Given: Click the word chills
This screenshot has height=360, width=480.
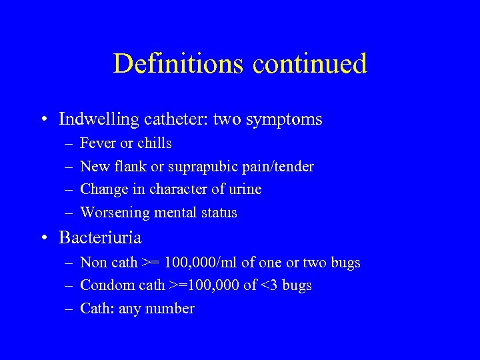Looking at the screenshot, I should [155, 143].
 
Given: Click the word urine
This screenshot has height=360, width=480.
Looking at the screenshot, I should [244, 189].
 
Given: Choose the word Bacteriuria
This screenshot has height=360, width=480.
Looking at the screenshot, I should [100, 237].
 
